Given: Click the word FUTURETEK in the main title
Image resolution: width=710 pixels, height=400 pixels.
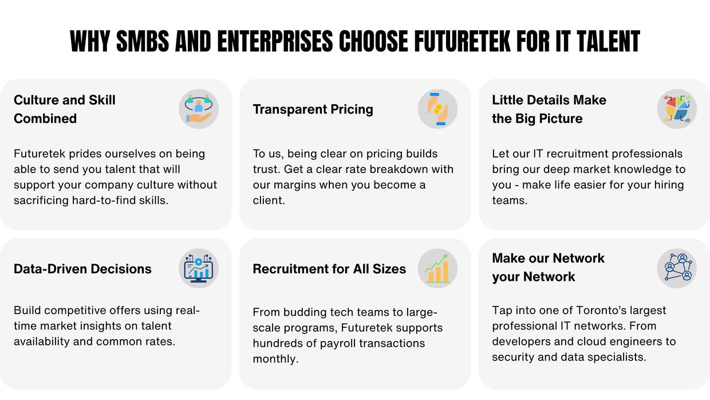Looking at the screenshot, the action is pyautogui.click(x=463, y=41).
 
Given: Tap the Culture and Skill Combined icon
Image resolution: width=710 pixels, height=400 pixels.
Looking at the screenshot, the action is pyautogui.click(x=199, y=109).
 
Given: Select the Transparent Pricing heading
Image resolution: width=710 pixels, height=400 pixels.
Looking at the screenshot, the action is pyautogui.click(x=313, y=109).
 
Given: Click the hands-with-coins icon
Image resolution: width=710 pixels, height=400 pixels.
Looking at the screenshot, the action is pyautogui.click(x=437, y=109).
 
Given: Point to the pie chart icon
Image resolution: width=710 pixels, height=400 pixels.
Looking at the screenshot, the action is pyautogui.click(x=677, y=109).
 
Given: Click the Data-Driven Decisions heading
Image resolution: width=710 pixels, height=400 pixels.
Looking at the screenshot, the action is pyautogui.click(x=82, y=269).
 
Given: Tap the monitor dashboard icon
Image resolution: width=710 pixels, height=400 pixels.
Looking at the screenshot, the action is pyautogui.click(x=199, y=268).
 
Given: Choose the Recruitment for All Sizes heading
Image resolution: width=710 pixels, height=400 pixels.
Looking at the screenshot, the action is pyautogui.click(x=329, y=269).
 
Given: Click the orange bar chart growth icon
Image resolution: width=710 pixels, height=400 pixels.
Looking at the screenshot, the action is pyautogui.click(x=437, y=268).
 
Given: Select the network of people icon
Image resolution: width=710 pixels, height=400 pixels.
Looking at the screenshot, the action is pyautogui.click(x=677, y=268).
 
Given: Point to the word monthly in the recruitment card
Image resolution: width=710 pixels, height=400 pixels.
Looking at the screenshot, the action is pyautogui.click(x=275, y=359).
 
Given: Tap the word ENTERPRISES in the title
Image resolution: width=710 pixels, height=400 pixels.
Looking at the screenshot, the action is pyautogui.click(x=275, y=41).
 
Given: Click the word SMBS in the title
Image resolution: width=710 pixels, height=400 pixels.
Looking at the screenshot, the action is pyautogui.click(x=143, y=41).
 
